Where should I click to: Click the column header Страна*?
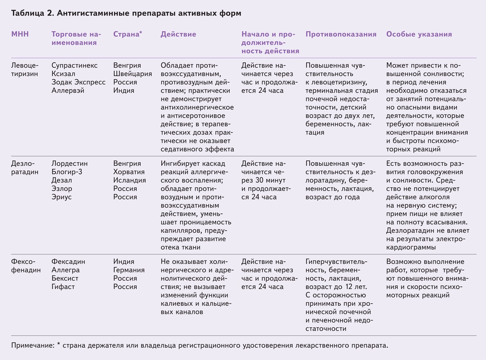[128, 34]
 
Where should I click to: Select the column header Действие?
[178, 34]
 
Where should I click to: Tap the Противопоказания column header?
[341, 34]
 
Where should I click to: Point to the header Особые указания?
[419, 34]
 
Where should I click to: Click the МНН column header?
[20, 34]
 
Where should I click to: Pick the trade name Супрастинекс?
[74, 66]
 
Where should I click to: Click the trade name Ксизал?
[63, 74]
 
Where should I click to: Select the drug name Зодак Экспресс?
[78, 82]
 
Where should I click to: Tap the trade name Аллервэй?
[68, 90]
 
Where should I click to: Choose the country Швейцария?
[132, 74]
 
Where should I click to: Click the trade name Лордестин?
[70, 164]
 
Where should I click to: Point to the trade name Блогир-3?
[67, 172]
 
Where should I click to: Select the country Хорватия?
[129, 172]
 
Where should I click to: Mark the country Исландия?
[129, 180]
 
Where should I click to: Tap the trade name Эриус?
[62, 197]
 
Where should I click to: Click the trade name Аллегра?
[65, 270]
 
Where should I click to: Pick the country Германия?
[129, 270]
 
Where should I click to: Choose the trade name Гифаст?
[63, 287]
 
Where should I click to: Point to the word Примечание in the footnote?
[33, 345]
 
